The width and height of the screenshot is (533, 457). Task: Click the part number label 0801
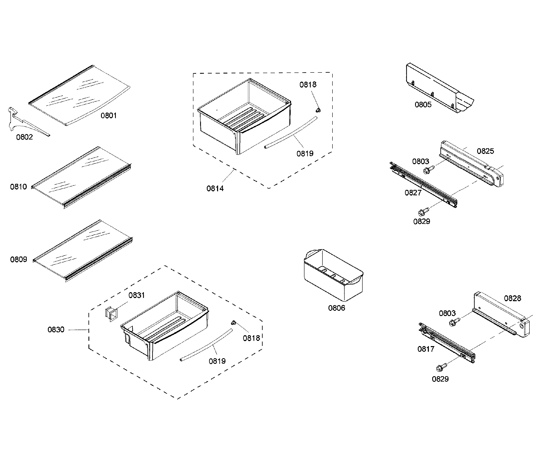pos(109,116)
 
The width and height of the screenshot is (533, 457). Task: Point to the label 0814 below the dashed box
pos(215,189)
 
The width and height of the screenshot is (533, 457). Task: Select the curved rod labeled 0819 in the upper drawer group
pos(291,132)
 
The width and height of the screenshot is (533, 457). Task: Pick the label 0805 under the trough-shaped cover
pos(423,105)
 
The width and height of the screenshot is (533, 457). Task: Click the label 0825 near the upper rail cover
pos(485,151)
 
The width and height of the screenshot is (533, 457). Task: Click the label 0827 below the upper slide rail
pos(413,193)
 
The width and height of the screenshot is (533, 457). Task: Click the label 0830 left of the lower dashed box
pos(56,330)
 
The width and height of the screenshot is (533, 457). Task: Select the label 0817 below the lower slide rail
pos(426,349)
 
